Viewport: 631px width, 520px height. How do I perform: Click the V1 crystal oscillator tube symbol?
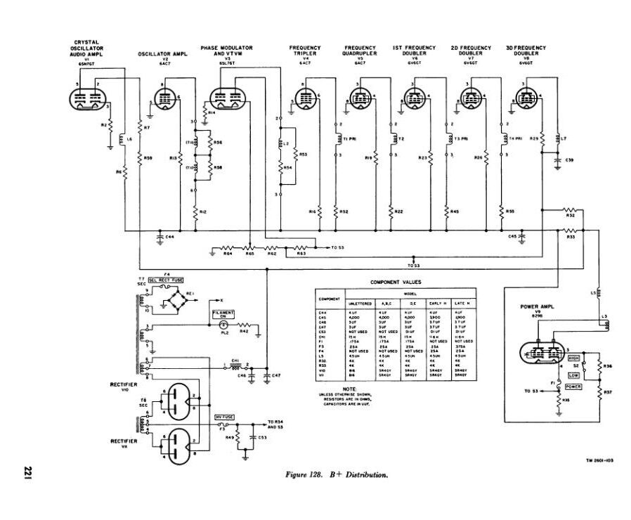pyautogui.click(x=91, y=98)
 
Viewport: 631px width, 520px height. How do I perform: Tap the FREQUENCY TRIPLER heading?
pyautogui.click(x=305, y=51)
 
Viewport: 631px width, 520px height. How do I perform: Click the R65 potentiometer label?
pyautogui.click(x=249, y=254)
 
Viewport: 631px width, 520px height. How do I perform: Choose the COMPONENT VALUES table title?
pyautogui.click(x=396, y=281)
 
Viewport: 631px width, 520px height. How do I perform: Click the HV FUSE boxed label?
pyautogui.click(x=224, y=417)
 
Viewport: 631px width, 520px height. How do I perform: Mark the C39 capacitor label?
pyautogui.click(x=569, y=161)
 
